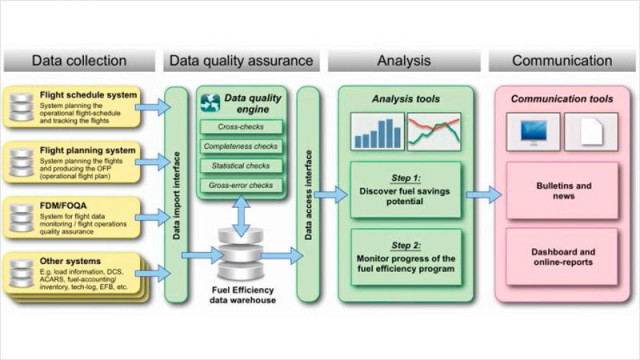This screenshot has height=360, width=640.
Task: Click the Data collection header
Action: pos(79,61)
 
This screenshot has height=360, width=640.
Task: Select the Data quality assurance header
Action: pos(241,61)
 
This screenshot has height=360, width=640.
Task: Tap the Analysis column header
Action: pos(404,61)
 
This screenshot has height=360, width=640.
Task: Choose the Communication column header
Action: pos(561,61)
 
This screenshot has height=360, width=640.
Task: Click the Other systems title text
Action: pos(70,261)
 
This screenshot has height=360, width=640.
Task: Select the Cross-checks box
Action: pos(241,127)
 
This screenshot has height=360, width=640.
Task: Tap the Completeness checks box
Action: pos(241,146)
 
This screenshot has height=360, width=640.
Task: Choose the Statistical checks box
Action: pos(241,165)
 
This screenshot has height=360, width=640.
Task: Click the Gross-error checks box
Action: pos(241,185)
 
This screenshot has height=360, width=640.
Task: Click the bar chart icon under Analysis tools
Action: pos(378,131)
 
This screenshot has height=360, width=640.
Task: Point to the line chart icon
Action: pos(434,131)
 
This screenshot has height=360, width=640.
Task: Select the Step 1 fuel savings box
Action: pos(405,190)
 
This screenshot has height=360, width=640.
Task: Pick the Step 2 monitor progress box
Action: pos(405,257)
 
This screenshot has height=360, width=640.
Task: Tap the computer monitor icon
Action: pos(533,131)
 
